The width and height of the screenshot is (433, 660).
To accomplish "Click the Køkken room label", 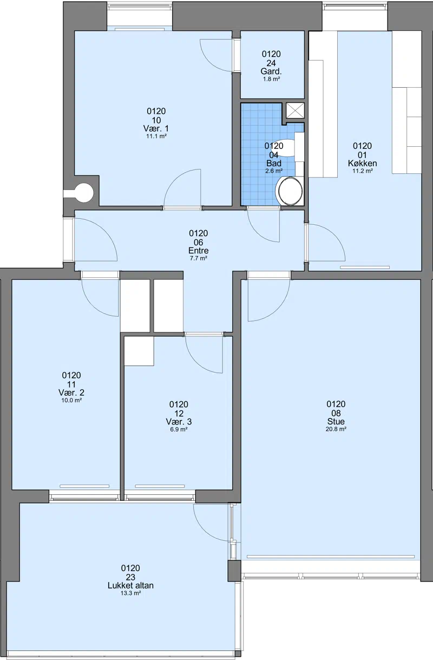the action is [x=362, y=163].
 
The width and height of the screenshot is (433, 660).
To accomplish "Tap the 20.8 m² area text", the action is [x=336, y=429].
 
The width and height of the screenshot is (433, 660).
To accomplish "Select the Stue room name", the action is [x=336, y=421].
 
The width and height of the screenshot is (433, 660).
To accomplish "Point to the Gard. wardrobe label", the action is [x=271, y=71].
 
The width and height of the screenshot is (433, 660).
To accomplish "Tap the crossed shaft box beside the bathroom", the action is [x=296, y=110].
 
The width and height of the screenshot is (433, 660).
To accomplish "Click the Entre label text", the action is [x=199, y=251].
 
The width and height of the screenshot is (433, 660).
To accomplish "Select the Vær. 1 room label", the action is [x=156, y=128].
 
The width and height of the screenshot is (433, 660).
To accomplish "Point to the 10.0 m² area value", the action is [x=71, y=401].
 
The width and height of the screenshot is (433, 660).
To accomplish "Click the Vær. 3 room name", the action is [x=179, y=421].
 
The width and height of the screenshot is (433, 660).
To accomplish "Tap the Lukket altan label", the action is [x=130, y=585].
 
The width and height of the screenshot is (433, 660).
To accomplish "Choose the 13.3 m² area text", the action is [x=130, y=593].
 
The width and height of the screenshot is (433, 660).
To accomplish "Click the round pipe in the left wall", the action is [x=83, y=193].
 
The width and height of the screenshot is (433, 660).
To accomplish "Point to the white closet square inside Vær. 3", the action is [x=139, y=351].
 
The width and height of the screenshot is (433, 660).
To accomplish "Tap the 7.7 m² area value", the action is [x=199, y=258].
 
